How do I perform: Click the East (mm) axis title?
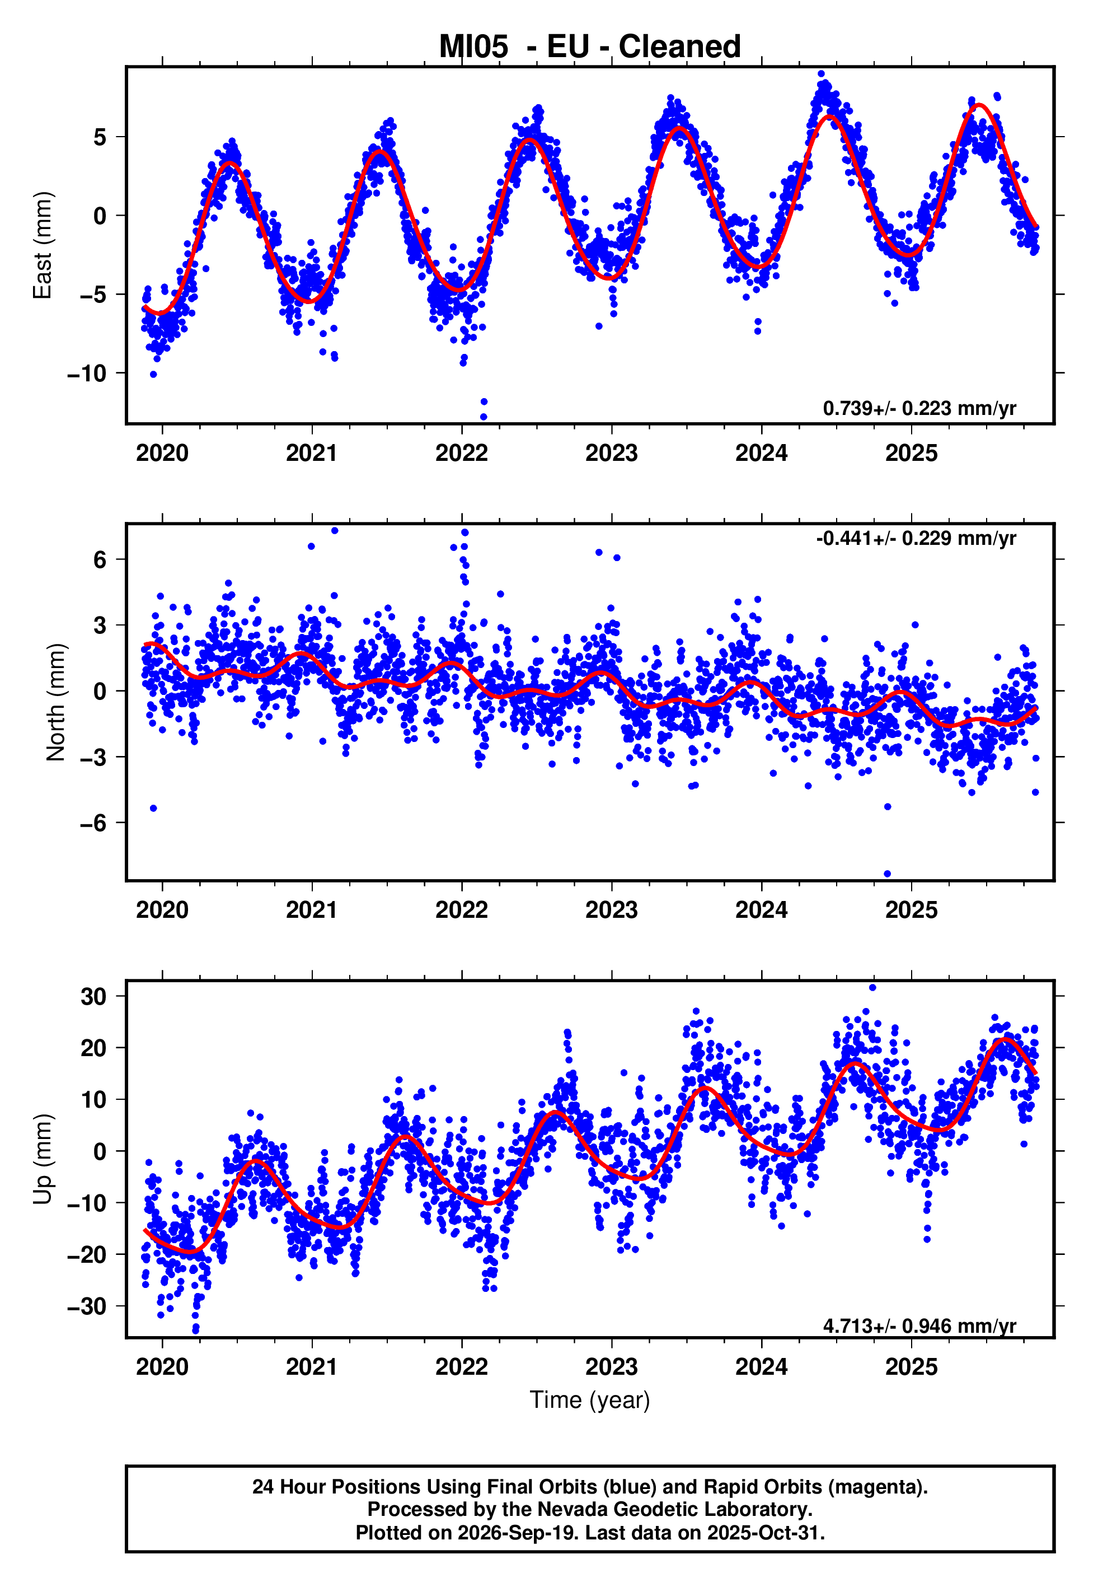[x=43, y=245]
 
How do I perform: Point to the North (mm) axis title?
[x=56, y=702]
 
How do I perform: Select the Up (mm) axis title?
[x=43, y=1159]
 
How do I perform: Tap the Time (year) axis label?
[x=590, y=1400]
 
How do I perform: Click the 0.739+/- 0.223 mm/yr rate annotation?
[x=919, y=408]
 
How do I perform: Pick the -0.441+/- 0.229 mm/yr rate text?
[x=916, y=538]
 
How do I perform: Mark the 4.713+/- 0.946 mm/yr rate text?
[x=919, y=1325]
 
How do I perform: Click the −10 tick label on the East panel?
[x=87, y=374]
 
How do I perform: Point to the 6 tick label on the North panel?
[x=100, y=559]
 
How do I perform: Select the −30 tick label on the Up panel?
[x=87, y=1306]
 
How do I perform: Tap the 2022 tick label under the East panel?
[x=462, y=453]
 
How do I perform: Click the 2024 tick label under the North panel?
[x=762, y=910]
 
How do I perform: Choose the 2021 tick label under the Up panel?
[x=312, y=1367]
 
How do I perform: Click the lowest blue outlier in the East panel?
[x=484, y=417]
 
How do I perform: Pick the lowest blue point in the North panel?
[x=888, y=874]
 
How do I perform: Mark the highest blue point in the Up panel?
[x=872, y=988]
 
